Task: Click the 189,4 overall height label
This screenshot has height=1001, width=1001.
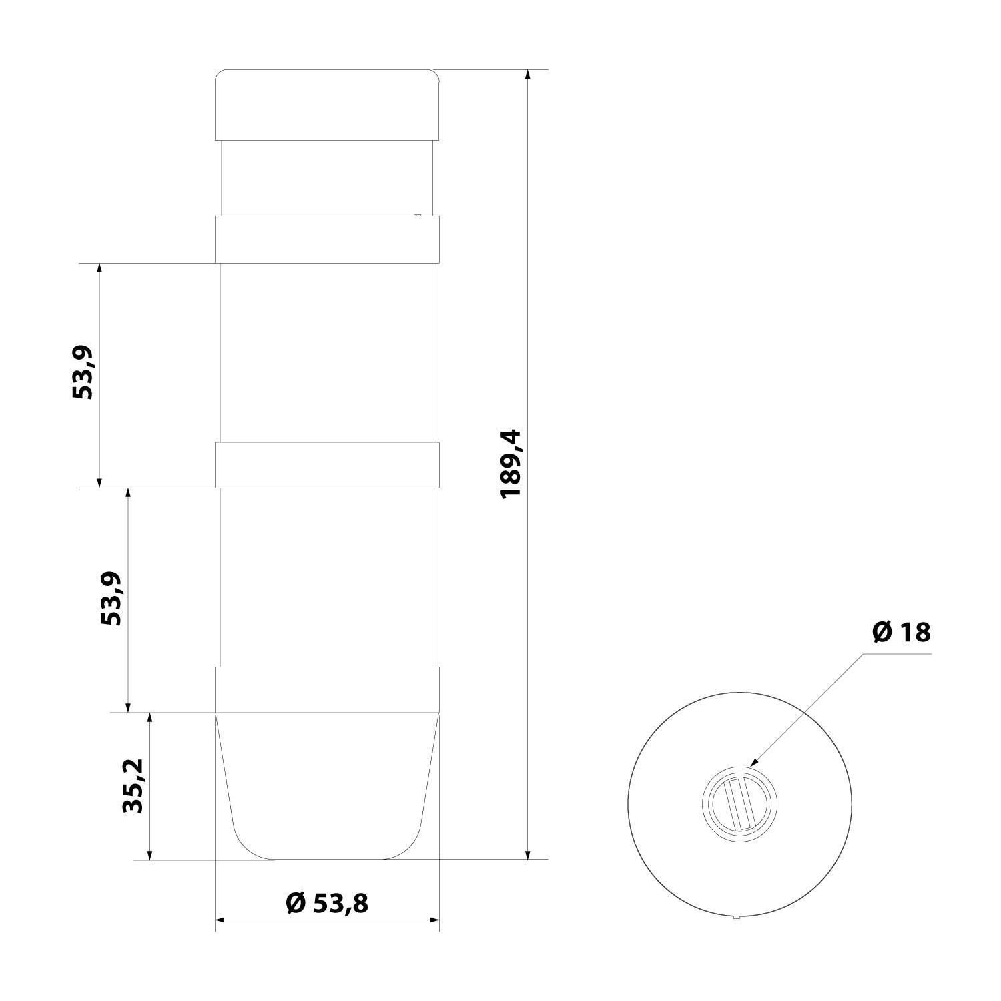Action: [x=513, y=464]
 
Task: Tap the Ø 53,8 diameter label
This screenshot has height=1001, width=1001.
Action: [x=327, y=904]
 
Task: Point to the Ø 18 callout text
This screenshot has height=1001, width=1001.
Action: [x=901, y=632]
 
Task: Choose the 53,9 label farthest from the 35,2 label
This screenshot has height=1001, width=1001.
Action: [x=83, y=373]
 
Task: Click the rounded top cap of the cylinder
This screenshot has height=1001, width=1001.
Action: [x=327, y=105]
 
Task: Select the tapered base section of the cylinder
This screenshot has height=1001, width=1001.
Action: [x=327, y=787]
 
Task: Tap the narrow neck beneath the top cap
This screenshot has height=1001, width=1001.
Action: [x=327, y=178]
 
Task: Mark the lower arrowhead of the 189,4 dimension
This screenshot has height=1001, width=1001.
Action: [x=528, y=854]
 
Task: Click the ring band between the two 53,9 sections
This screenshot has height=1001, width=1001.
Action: [x=327, y=464]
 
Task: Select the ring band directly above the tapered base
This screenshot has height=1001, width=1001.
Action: [x=327, y=689]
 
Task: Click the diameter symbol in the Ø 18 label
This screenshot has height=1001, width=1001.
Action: [x=882, y=632]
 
